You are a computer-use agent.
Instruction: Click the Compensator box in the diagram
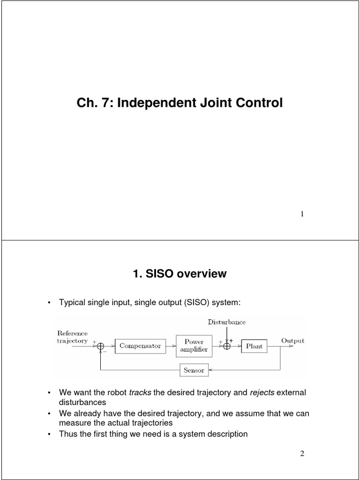[140, 346]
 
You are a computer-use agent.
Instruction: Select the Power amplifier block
[194, 346]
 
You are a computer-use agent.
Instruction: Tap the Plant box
[255, 347]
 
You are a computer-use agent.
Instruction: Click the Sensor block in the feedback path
[194, 370]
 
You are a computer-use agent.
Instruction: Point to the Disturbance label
[227, 322]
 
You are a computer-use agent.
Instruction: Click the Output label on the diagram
[292, 341]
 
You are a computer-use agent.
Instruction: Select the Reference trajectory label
[72, 337]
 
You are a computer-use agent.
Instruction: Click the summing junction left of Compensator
[100, 346]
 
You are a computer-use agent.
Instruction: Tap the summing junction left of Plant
[227, 346]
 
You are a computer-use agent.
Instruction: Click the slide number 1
[302, 214]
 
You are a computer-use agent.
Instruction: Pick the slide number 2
[302, 453]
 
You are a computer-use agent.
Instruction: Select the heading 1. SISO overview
[180, 274]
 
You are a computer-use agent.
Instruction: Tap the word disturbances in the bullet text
[82, 402]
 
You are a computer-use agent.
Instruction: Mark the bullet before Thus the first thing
[49, 435]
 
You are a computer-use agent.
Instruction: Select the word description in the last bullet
[224, 434]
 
